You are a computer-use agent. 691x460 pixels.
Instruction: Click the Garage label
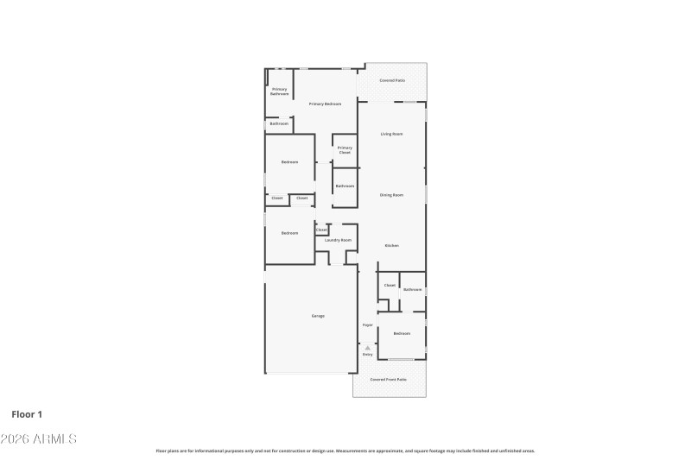tap(318, 316)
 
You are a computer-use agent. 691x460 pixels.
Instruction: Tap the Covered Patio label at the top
tap(392, 80)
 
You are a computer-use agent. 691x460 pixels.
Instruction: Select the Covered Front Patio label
tap(388, 380)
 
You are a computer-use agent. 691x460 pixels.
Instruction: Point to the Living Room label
tap(392, 134)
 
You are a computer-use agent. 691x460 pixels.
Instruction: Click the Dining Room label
tap(392, 195)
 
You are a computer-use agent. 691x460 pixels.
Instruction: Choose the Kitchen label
tap(391, 246)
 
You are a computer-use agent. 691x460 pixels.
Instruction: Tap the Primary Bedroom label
tap(325, 104)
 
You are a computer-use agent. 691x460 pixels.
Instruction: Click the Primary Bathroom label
tap(280, 91)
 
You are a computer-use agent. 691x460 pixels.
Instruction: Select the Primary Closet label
tap(345, 150)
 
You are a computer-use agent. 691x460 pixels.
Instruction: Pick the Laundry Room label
tap(338, 240)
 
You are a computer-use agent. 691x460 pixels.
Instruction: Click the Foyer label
tap(367, 325)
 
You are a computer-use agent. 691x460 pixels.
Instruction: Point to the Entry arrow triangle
tap(367, 348)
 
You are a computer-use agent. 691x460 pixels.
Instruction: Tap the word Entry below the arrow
tap(367, 355)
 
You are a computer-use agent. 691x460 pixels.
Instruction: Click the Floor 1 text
tap(27, 414)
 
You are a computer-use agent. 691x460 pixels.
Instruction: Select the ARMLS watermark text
tap(39, 439)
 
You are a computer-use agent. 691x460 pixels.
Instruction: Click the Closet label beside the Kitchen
tap(390, 285)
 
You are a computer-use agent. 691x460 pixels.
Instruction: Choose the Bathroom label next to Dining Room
tap(345, 186)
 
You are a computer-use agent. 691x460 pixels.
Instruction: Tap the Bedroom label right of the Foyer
tap(402, 333)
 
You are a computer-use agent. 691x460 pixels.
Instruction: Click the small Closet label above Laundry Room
tap(321, 230)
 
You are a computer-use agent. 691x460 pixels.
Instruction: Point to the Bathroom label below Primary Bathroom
tap(279, 124)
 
